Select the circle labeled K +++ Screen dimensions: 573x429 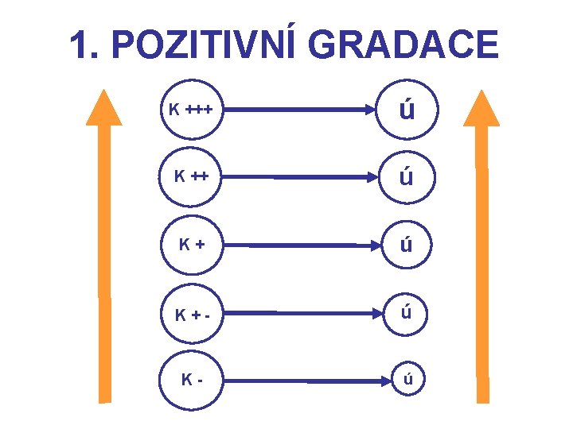[189, 110]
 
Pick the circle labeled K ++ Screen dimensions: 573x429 [189, 175]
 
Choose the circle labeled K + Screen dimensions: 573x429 [189, 243]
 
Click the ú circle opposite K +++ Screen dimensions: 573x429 [407, 110]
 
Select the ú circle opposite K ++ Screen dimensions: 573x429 [407, 176]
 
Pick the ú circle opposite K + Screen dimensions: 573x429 [407, 244]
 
